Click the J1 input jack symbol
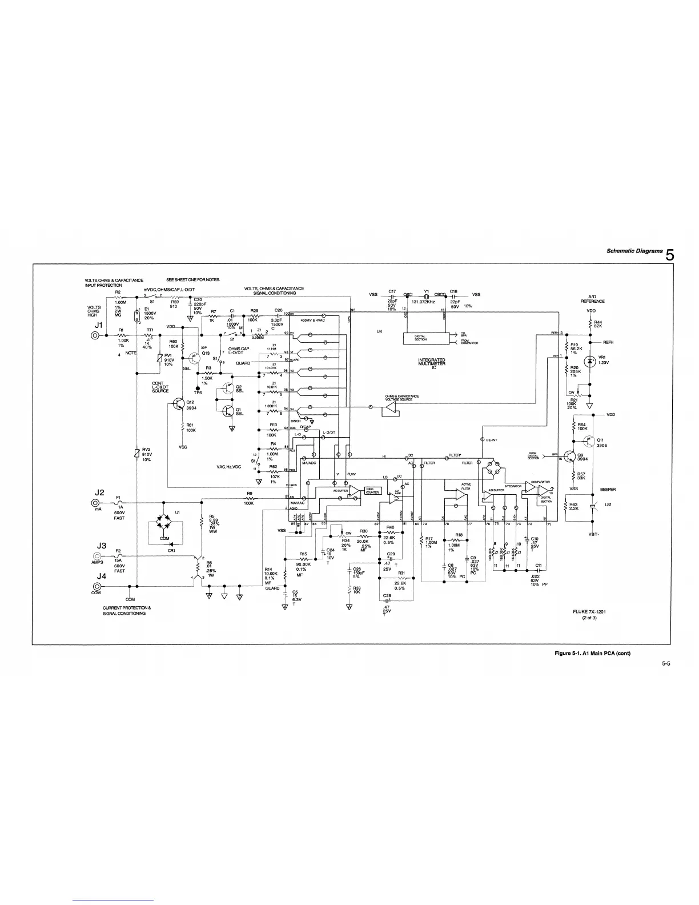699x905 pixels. pyautogui.click(x=94, y=335)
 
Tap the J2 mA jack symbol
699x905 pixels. pyautogui.click(x=94, y=503)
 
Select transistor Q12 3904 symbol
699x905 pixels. pyautogui.click(x=178, y=405)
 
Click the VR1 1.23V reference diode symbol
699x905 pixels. pyautogui.click(x=590, y=360)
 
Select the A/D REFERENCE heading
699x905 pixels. pyautogui.click(x=592, y=299)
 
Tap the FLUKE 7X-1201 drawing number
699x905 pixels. pyautogui.click(x=590, y=612)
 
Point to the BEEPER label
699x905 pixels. pyautogui.click(x=607, y=489)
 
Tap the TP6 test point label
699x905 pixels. pyautogui.click(x=198, y=393)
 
